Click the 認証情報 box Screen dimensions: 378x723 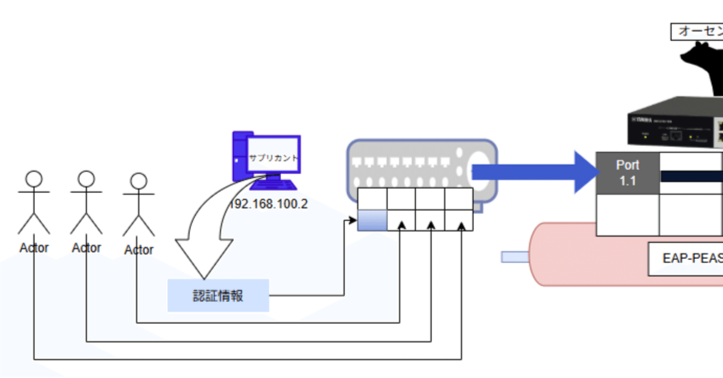[x=218, y=295]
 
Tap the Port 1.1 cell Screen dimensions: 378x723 [x=628, y=173]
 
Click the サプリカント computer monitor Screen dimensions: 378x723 [x=274, y=155]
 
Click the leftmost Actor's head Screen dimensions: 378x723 [x=34, y=180]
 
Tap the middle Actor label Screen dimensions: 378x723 [x=86, y=248]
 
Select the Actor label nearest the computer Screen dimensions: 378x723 [x=139, y=249]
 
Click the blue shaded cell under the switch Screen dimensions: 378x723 [x=372, y=220]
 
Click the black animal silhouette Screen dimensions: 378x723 [x=703, y=68]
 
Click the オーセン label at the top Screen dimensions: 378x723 [x=697, y=32]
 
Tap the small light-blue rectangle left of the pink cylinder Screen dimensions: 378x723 [x=515, y=257]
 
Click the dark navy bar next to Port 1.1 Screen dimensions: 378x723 [x=691, y=176]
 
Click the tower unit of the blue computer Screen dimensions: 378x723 [x=238, y=156]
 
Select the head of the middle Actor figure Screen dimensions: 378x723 [x=86, y=179]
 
